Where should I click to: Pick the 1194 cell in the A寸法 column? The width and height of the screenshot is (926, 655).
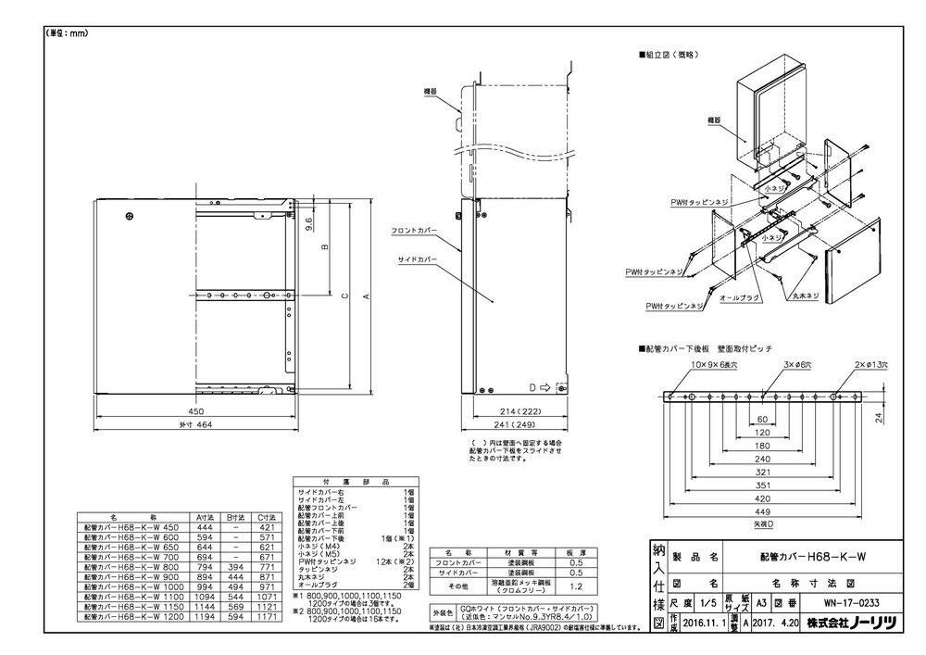[206, 616]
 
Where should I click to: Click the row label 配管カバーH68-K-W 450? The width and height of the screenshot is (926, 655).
[120, 525]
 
